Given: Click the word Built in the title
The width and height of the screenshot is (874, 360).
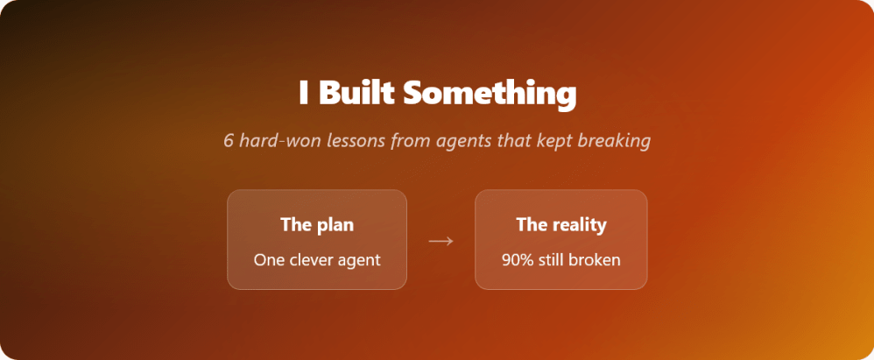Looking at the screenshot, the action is (x=356, y=93).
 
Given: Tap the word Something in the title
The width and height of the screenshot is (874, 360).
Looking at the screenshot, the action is (x=490, y=94).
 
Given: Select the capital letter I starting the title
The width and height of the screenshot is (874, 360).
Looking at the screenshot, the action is (x=303, y=93).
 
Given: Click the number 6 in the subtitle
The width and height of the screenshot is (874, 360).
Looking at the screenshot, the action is (x=229, y=140).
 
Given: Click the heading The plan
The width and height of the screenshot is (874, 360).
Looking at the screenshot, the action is (x=317, y=224).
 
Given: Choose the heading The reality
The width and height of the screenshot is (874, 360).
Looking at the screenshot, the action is (x=561, y=224).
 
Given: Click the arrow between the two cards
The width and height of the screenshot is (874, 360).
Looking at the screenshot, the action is (x=441, y=241).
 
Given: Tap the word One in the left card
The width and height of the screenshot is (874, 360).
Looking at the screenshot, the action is (x=269, y=259).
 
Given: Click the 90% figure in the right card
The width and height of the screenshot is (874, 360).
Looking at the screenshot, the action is (x=517, y=259).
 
